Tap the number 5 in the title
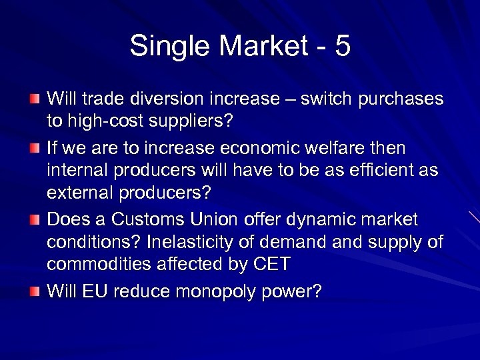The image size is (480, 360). [x=342, y=47]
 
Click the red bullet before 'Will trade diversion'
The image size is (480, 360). [x=35, y=99]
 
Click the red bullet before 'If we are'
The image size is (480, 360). [x=35, y=147]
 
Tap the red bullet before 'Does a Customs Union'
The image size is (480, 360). [x=35, y=219]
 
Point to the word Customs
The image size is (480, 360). [x=149, y=219]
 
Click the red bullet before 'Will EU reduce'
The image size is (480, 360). [x=35, y=291]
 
